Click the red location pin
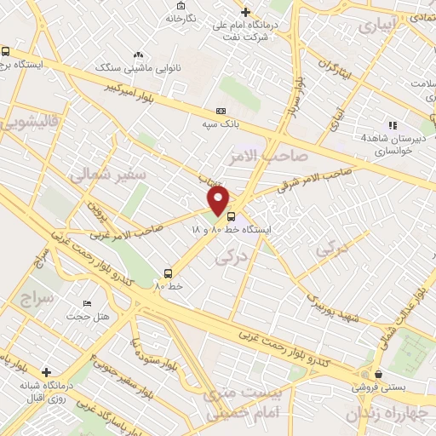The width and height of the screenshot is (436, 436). click(x=219, y=201)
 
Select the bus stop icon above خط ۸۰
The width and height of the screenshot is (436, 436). click(x=168, y=273)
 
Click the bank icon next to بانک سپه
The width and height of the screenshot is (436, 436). click(x=221, y=111)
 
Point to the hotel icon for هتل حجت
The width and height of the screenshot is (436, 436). click(x=86, y=304)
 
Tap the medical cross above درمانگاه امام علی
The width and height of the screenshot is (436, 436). click(x=246, y=12)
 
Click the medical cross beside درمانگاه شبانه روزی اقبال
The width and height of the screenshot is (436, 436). click(x=46, y=372)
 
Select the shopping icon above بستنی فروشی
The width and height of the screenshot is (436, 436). click(x=377, y=373)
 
